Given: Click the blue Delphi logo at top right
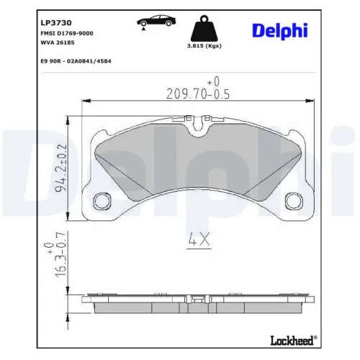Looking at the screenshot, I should (280, 31).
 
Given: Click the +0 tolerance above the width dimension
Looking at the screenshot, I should (212, 81).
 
